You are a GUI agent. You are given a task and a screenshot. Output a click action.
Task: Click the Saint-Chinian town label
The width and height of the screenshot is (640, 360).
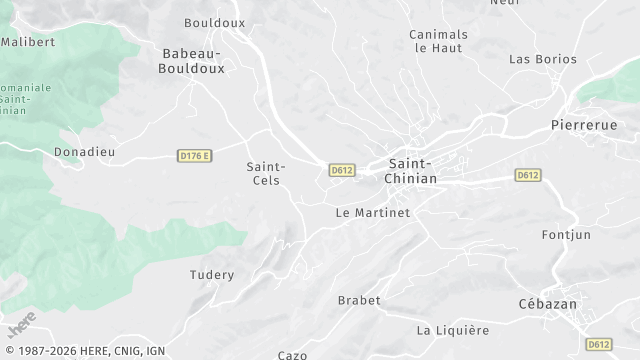pos(412,170)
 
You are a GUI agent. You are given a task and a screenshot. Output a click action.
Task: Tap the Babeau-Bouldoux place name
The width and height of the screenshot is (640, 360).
pos(192,60)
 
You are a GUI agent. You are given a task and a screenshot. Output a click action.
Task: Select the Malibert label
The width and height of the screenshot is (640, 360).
pos(27,42)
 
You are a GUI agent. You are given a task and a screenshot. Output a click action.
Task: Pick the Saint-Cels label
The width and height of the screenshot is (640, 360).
pos(266,173)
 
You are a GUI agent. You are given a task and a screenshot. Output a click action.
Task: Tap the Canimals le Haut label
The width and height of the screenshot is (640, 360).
pos(439,41)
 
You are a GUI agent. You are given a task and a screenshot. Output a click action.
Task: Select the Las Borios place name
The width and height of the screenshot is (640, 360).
pos(543,59)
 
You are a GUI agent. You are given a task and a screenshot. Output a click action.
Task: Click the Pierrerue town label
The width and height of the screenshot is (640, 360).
pos(584,126)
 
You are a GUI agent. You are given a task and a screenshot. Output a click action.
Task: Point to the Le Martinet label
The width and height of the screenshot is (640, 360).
pos(373,213)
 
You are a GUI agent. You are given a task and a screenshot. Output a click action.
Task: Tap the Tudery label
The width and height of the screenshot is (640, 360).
pos(212,275)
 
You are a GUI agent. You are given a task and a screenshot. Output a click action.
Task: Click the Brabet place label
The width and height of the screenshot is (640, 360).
pos(359,300)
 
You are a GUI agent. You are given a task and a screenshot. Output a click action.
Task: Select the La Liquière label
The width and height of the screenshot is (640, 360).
pos(453,330)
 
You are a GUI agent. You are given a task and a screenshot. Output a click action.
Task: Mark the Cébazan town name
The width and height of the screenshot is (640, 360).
pos(576,304)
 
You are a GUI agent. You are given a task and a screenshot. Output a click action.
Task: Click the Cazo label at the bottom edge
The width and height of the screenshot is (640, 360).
pos(292,355)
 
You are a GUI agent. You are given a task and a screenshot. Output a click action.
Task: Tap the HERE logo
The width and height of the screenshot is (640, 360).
pos(19,325)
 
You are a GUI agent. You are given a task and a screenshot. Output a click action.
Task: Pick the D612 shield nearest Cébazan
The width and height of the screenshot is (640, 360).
pos(599,344)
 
